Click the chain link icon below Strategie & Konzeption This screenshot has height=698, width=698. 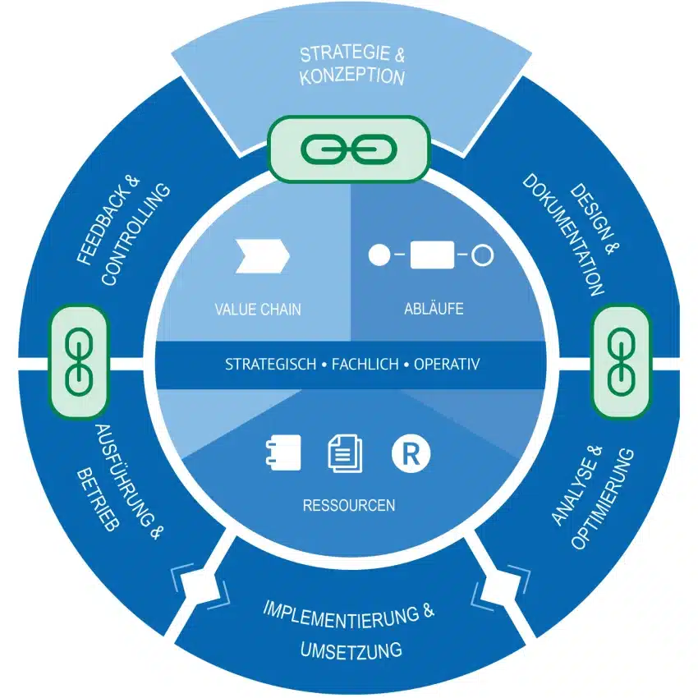(x=348, y=149)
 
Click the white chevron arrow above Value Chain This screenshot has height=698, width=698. (x=262, y=256)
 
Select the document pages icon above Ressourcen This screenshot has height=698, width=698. (x=344, y=453)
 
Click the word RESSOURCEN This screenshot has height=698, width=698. (x=348, y=505)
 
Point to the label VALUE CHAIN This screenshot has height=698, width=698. (x=258, y=310)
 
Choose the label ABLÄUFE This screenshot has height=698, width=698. (x=434, y=310)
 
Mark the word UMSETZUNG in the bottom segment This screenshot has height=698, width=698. (x=351, y=650)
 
